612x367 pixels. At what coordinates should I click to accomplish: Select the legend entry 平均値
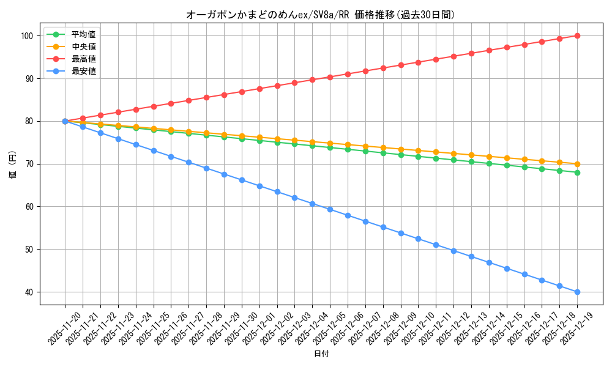(83, 34)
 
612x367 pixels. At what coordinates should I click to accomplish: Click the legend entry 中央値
(83, 46)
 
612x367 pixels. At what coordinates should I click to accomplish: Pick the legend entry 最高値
(83, 59)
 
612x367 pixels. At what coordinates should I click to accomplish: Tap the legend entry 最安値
(83, 71)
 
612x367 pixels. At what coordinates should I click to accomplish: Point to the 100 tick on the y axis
(27, 36)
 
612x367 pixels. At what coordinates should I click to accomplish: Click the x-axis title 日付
(321, 354)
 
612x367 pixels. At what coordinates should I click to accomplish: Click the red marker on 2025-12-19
(577, 36)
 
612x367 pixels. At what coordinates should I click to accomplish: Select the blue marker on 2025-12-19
(577, 292)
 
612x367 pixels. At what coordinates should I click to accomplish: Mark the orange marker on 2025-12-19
(577, 164)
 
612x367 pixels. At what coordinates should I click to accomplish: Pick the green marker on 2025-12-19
(577, 172)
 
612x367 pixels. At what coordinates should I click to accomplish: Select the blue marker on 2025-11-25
(153, 150)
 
